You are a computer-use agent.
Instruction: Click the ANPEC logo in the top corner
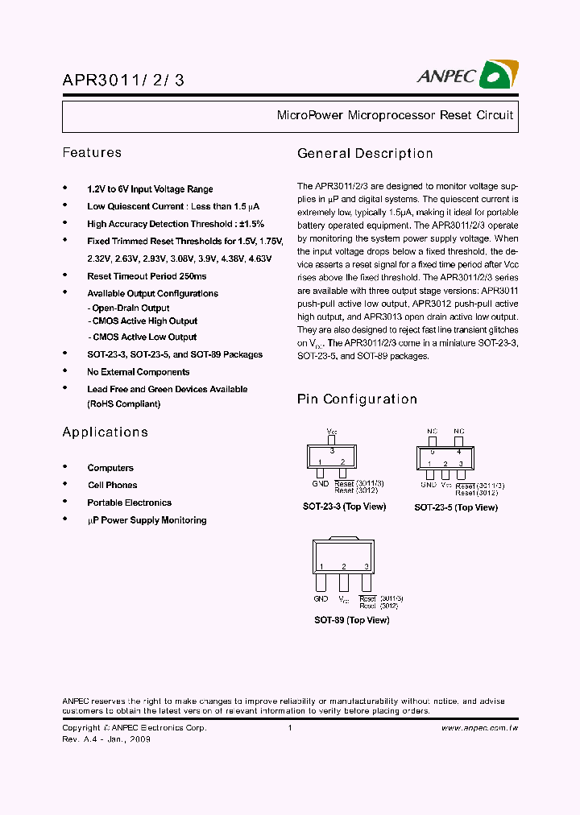click(x=467, y=76)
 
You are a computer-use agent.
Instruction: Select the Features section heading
click(x=92, y=152)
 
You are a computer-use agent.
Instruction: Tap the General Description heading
click(x=365, y=153)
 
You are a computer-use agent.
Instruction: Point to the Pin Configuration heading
click(x=357, y=399)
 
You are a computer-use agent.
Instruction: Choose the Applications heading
click(x=105, y=432)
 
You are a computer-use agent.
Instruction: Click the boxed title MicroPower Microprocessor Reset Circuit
click(x=395, y=115)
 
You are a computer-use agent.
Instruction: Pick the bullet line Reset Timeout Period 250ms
click(x=147, y=275)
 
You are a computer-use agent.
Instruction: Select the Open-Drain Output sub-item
click(x=129, y=308)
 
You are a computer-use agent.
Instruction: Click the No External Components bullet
click(x=139, y=372)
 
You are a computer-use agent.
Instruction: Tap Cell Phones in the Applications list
click(x=112, y=485)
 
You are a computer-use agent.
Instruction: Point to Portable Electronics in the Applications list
click(x=129, y=503)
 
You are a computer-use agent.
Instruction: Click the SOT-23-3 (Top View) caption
click(x=344, y=507)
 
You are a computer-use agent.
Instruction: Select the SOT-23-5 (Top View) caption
click(x=456, y=507)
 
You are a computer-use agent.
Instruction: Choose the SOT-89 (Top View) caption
click(x=351, y=620)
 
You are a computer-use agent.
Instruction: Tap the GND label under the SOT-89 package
click(x=321, y=599)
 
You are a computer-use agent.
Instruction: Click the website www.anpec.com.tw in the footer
click(x=479, y=728)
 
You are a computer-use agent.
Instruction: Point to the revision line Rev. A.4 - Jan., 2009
click(x=106, y=739)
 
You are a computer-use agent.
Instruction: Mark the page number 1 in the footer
click(x=289, y=728)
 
